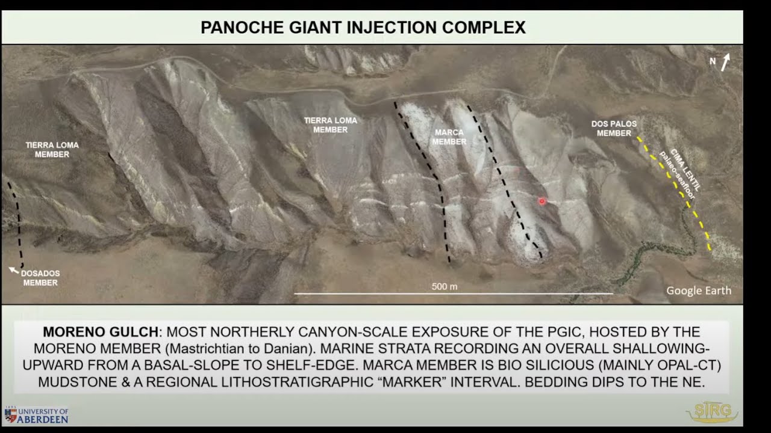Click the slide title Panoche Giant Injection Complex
click(363, 27)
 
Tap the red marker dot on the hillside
click(542, 201)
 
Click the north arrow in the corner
click(726, 61)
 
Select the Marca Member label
click(449, 137)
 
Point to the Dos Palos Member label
click(614, 128)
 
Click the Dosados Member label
click(40, 278)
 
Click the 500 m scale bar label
click(445, 287)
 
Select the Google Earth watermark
click(699, 291)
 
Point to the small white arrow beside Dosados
click(13, 271)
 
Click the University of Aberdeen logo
click(36, 415)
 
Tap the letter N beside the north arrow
click(713, 61)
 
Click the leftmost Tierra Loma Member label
click(52, 150)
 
